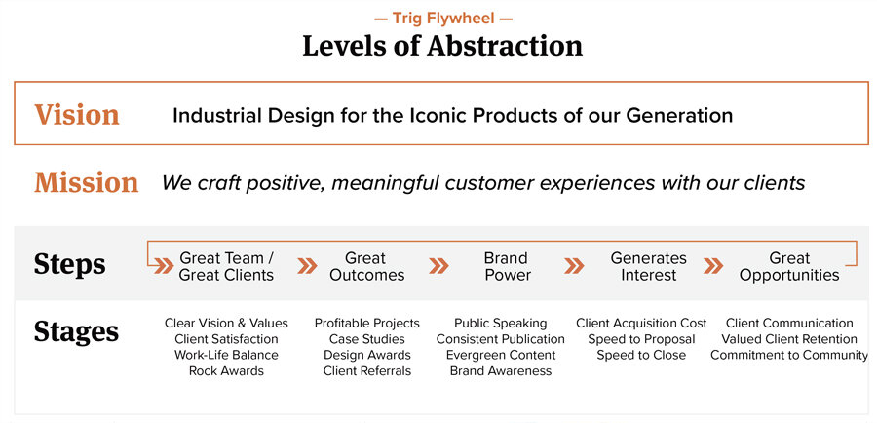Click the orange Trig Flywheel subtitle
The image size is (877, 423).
pyautogui.click(x=443, y=19)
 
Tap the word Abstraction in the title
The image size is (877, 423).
pyautogui.click(x=505, y=46)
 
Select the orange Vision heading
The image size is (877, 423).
pyautogui.click(x=77, y=114)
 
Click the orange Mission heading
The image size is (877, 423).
pyautogui.click(x=86, y=183)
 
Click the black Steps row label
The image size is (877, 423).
pyautogui.click(x=69, y=264)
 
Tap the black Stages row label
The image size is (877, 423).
pyautogui.click(x=76, y=331)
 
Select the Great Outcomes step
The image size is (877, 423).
pyautogui.click(x=366, y=266)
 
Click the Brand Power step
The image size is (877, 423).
pyautogui.click(x=506, y=266)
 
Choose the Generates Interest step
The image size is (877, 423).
pyautogui.click(x=649, y=266)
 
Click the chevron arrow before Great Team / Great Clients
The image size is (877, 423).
pyautogui.click(x=164, y=266)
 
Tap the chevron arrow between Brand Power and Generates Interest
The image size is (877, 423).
pyautogui.click(x=574, y=266)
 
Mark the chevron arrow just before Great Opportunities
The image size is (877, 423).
pyautogui.click(x=713, y=266)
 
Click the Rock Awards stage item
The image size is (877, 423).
pyautogui.click(x=226, y=371)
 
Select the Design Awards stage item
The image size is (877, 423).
pyautogui.click(x=367, y=356)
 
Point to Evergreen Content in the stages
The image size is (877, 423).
pyautogui.click(x=501, y=356)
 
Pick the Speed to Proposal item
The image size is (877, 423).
pyautogui.click(x=641, y=339)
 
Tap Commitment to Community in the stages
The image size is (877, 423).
pyautogui.click(x=789, y=356)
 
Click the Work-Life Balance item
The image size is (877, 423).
pyautogui.click(x=226, y=356)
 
